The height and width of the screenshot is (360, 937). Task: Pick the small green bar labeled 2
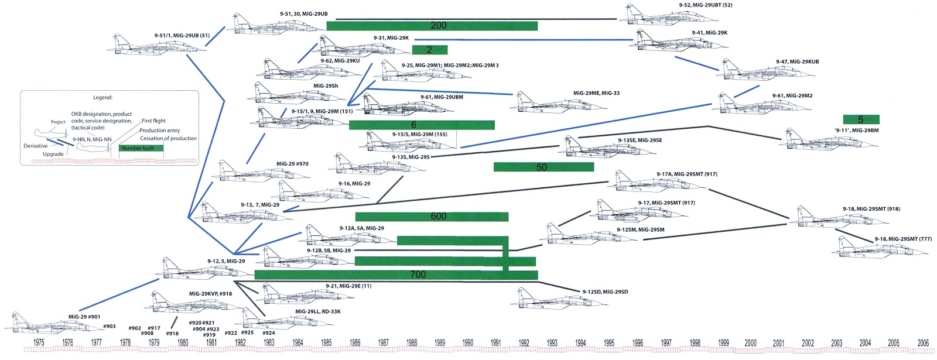click(x=430, y=50)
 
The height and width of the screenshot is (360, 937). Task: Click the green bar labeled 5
click(x=861, y=119)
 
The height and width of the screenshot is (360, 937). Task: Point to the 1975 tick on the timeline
click(x=39, y=343)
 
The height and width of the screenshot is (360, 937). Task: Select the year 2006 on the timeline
click(x=923, y=343)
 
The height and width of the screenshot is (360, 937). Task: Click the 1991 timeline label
click(x=495, y=343)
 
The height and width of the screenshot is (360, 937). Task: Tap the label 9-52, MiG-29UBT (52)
click(x=705, y=5)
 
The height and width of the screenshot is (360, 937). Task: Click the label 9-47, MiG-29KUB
click(x=797, y=61)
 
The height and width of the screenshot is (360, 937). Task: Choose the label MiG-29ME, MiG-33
click(x=596, y=93)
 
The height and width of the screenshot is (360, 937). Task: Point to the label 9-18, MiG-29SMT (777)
click(x=903, y=239)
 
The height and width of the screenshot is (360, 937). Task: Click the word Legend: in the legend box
click(x=102, y=98)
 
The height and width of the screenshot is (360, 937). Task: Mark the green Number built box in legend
click(x=141, y=148)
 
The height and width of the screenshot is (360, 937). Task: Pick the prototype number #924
click(x=269, y=333)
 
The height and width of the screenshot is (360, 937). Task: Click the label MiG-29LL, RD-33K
click(x=317, y=311)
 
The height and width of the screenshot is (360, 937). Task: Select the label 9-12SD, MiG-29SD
click(x=605, y=292)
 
